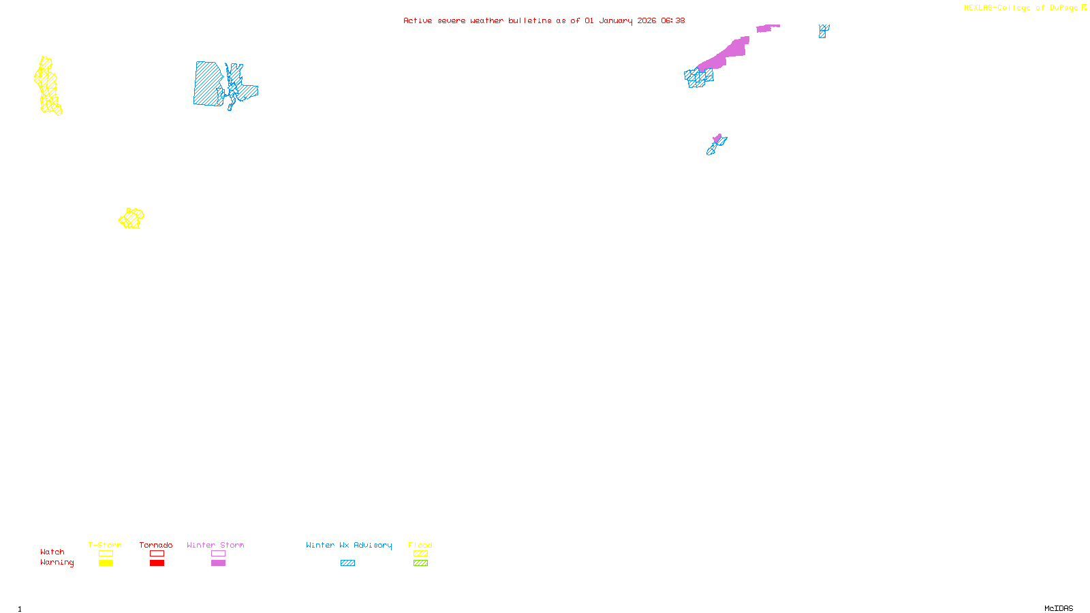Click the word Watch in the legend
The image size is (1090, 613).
click(52, 552)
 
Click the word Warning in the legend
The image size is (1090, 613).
click(57, 563)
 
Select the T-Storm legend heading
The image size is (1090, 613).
click(105, 545)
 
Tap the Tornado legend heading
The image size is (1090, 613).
click(156, 545)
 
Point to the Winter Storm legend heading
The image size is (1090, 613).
click(215, 545)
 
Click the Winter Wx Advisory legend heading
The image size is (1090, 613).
click(349, 545)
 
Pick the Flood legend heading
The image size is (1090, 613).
click(420, 545)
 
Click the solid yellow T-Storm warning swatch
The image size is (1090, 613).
click(106, 563)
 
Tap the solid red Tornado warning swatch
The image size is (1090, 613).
click(157, 563)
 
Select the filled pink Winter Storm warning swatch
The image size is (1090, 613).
click(218, 563)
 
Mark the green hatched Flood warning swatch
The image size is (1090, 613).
click(421, 563)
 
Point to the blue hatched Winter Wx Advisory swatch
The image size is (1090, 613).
click(347, 563)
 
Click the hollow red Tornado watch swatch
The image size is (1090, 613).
click(157, 554)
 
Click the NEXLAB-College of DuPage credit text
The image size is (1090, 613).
click(1021, 8)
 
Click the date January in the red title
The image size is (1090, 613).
click(616, 20)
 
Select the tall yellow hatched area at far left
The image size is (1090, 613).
click(46, 85)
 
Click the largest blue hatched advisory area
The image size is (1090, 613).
click(208, 84)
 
